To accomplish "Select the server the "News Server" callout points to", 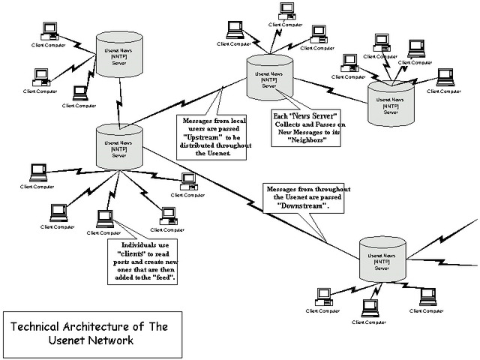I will click(268, 77).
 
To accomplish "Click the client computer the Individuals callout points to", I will click(104, 219).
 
